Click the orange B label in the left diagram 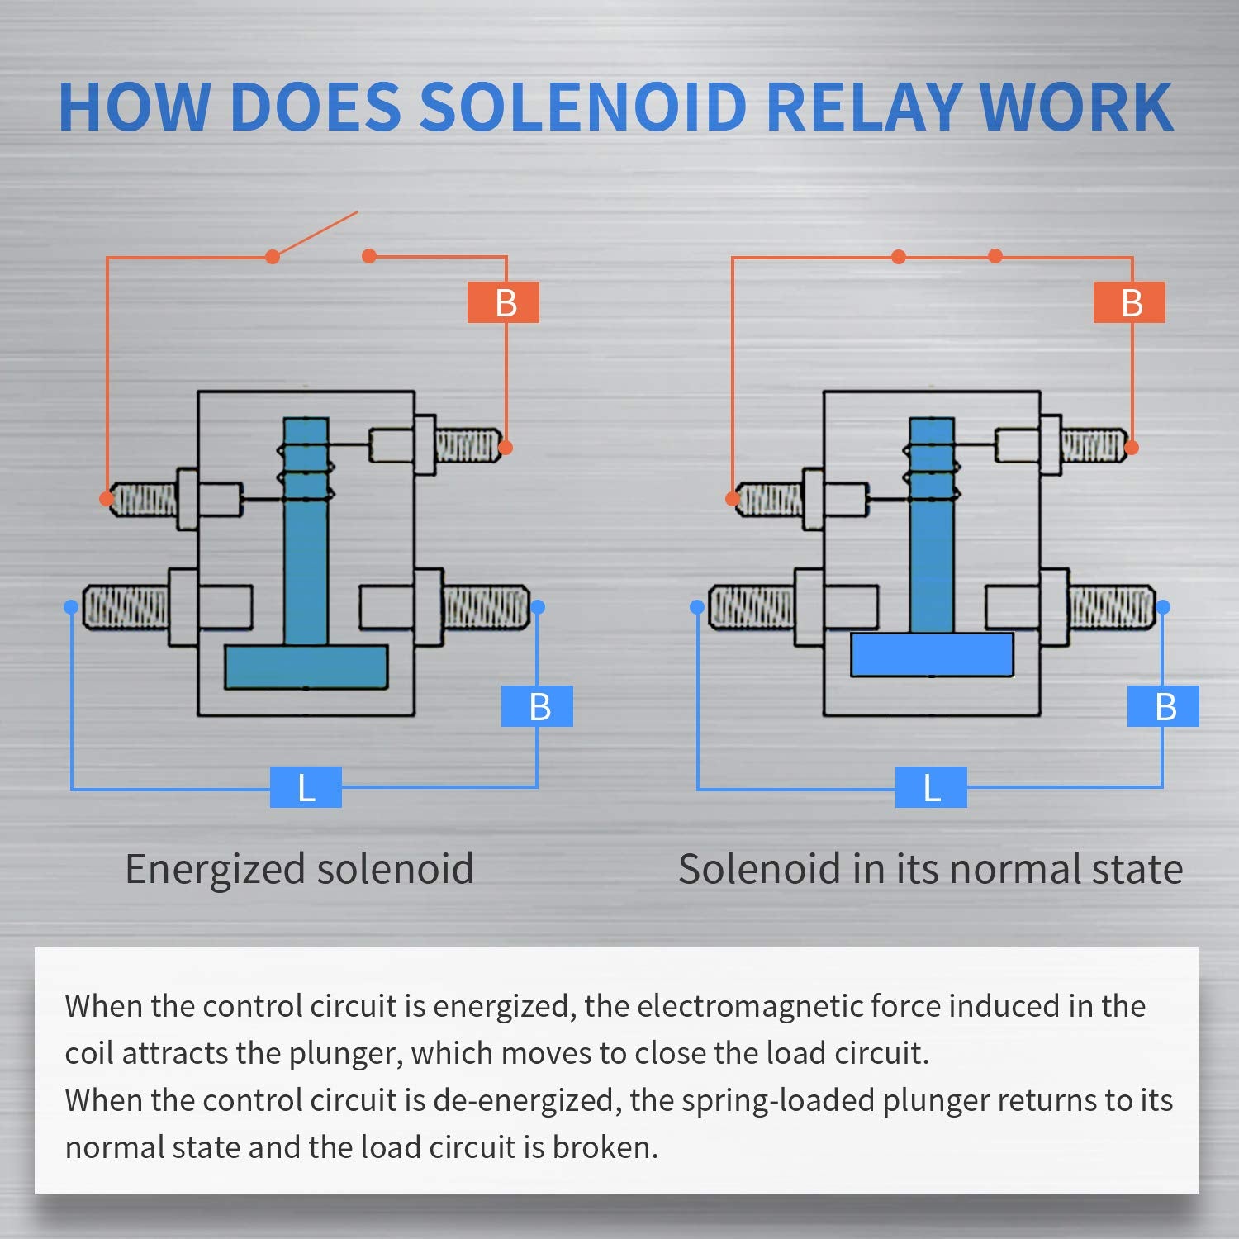point(504,302)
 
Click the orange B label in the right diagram point(1130,302)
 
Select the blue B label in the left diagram point(538,706)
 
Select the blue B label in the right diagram point(1164,706)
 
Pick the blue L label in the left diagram point(306,787)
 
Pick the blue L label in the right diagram point(931,787)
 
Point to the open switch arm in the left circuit point(316,234)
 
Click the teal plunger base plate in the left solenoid point(306,667)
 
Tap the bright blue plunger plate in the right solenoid point(932,655)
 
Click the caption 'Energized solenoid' point(299,869)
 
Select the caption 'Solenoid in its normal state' point(930,869)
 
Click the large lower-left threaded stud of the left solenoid point(126,607)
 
